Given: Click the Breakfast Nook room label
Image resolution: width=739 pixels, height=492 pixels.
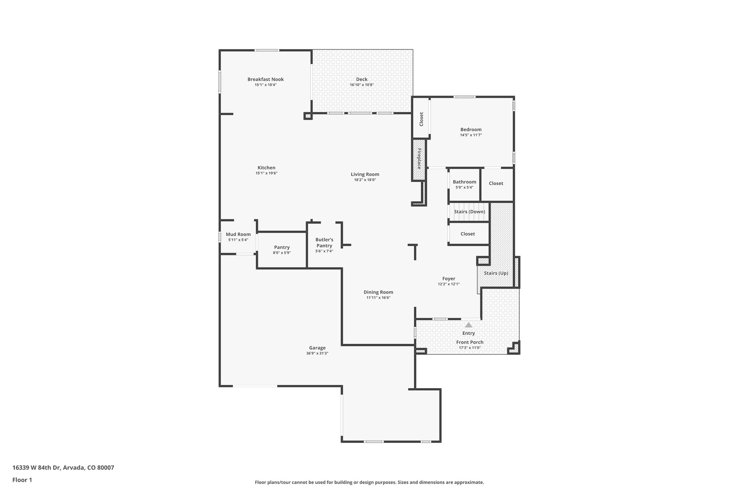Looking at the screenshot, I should [265, 79].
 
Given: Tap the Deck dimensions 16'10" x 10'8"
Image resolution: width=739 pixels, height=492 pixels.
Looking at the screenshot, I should [362, 85].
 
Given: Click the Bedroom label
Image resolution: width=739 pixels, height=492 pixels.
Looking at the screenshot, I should [471, 129].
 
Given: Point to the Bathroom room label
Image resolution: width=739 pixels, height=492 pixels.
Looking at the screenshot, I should [464, 182].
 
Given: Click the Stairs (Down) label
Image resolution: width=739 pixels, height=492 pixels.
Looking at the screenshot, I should [469, 212].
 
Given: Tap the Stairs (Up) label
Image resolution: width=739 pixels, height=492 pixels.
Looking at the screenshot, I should [496, 273].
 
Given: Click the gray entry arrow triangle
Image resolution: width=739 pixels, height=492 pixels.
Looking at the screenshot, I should [468, 325].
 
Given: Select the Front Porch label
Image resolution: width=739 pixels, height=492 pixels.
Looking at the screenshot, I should [469, 342].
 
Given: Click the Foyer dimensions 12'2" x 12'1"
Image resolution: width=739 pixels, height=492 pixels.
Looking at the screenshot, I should [449, 284].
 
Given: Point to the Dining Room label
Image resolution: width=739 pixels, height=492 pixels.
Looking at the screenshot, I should [378, 292].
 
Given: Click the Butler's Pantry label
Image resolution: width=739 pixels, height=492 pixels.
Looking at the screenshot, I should [324, 243].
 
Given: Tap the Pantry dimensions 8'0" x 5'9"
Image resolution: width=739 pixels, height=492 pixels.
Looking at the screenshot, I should [281, 253].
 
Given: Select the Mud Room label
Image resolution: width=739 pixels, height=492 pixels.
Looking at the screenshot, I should [238, 234].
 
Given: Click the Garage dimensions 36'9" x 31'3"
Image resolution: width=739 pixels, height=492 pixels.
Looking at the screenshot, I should [317, 353].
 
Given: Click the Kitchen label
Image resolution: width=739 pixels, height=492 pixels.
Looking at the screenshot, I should [266, 168].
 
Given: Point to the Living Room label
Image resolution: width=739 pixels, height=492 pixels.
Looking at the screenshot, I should [365, 174].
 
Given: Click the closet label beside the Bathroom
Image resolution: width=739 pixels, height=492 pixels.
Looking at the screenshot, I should [496, 183].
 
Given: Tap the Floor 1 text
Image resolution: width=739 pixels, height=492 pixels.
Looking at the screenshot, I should [22, 480].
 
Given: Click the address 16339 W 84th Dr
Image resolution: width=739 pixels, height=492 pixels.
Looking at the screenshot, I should [63, 467].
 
